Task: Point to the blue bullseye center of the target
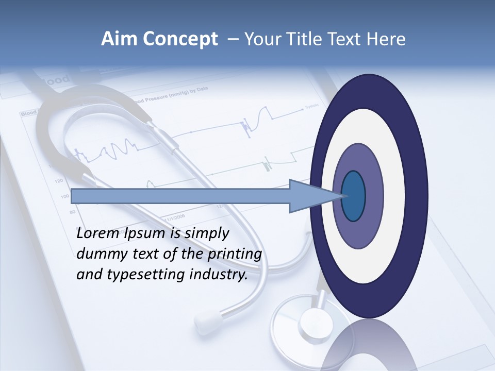pos(354,196)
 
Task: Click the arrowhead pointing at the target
pos(309,196)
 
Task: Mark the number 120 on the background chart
pos(58,181)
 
